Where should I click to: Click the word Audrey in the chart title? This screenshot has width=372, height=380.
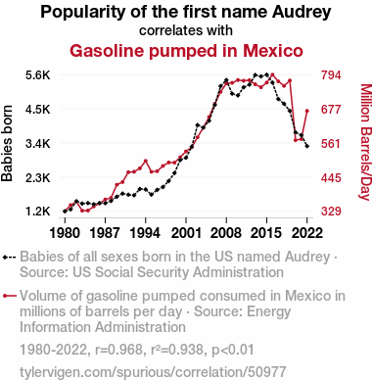pyautogui.click(x=302, y=13)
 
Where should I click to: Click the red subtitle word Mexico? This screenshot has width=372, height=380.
pyautogui.click(x=273, y=51)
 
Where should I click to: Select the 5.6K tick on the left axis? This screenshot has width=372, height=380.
pyautogui.click(x=38, y=75)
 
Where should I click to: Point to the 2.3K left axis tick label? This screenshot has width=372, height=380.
pyautogui.click(x=38, y=178)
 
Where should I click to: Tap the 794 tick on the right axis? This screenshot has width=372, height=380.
pyautogui.click(x=331, y=75)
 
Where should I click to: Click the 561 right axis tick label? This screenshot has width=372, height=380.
pyautogui.click(x=331, y=144)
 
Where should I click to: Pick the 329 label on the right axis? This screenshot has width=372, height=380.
pyautogui.click(x=331, y=212)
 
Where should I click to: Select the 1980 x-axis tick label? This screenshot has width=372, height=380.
pyautogui.click(x=65, y=233)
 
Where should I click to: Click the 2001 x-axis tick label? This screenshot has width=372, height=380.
pyautogui.click(x=186, y=233)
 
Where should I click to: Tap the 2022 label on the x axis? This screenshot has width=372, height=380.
pyautogui.click(x=307, y=233)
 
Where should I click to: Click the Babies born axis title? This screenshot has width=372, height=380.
pyautogui.click(x=7, y=143)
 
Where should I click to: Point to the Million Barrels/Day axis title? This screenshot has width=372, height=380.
pyautogui.click(x=365, y=142)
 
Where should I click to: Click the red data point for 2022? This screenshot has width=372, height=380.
pyautogui.click(x=307, y=111)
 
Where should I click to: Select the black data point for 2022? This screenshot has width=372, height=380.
pyautogui.click(x=307, y=146)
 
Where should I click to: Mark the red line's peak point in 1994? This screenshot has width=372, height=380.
pyautogui.click(x=146, y=161)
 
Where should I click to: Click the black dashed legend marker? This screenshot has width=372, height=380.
pyautogui.click(x=9, y=258)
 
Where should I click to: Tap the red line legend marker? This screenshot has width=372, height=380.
pyautogui.click(x=9, y=296)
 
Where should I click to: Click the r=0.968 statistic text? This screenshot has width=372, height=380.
pyautogui.click(x=118, y=350)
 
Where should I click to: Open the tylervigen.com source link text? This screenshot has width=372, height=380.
pyautogui.click(x=153, y=372)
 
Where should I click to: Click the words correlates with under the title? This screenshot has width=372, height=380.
pyautogui.click(x=186, y=30)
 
